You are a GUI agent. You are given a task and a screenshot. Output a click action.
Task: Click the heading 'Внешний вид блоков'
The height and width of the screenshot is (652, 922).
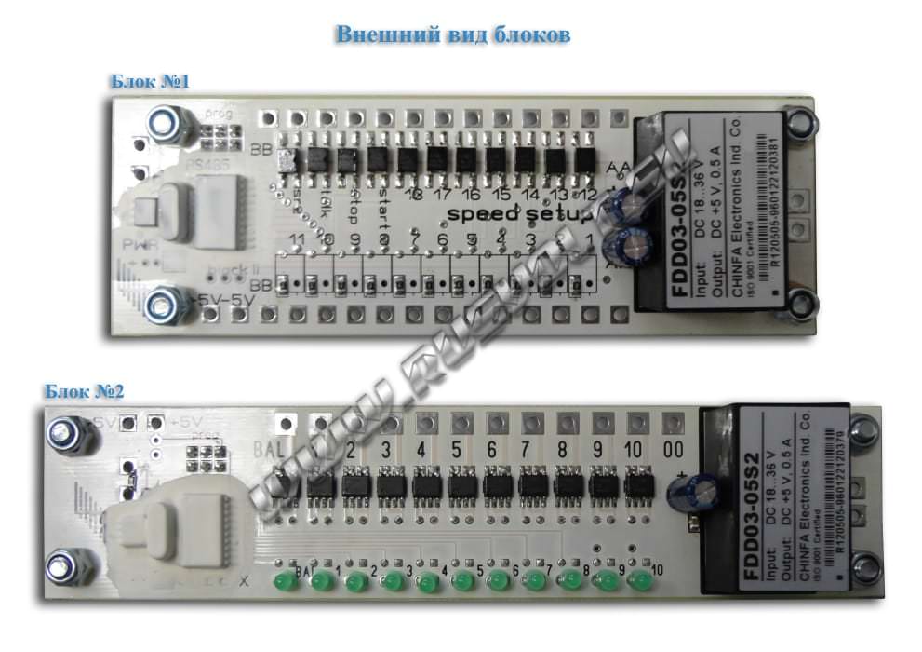(452, 35)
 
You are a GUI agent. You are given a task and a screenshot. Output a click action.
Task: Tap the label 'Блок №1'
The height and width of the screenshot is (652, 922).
(150, 82)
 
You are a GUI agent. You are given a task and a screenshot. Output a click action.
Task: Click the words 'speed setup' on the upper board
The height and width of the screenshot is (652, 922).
(519, 215)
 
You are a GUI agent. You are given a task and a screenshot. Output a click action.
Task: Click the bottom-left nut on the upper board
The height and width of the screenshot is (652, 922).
(168, 305)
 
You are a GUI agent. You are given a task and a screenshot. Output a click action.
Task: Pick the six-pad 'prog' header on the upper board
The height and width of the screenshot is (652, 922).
(216, 142)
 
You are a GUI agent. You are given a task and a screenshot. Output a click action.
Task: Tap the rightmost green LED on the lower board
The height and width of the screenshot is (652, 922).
(641, 583)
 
